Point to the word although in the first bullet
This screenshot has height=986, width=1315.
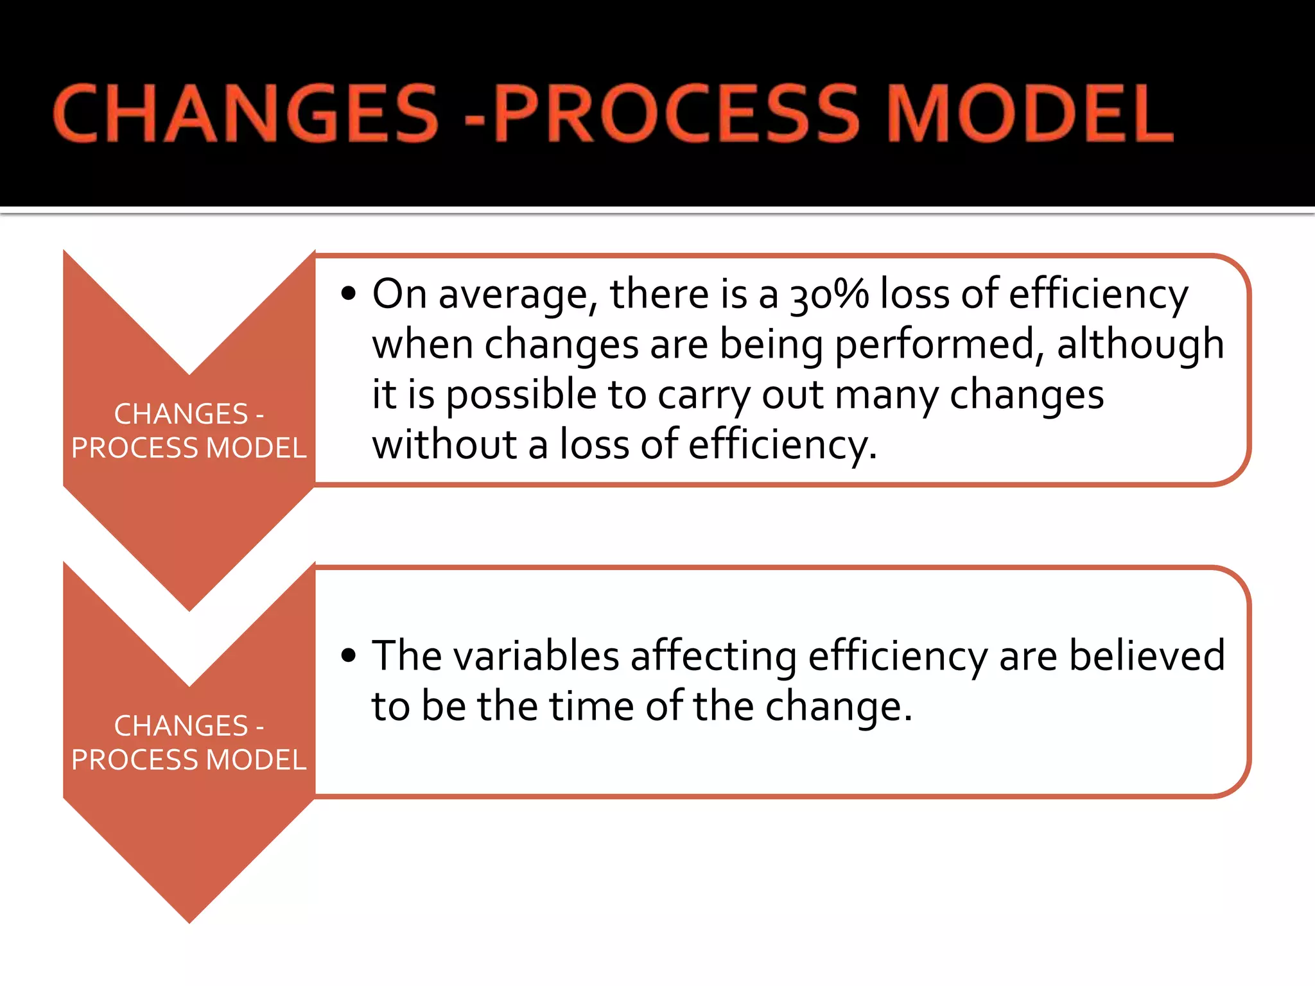(1140, 345)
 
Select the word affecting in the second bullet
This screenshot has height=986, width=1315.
(713, 656)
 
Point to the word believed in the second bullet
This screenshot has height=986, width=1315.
(1147, 656)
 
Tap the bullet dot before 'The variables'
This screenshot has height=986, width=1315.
(349, 656)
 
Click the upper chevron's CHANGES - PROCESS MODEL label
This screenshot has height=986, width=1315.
(189, 431)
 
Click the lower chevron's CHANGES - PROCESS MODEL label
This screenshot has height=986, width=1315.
(189, 743)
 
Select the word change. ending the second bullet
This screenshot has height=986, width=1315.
(839, 706)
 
